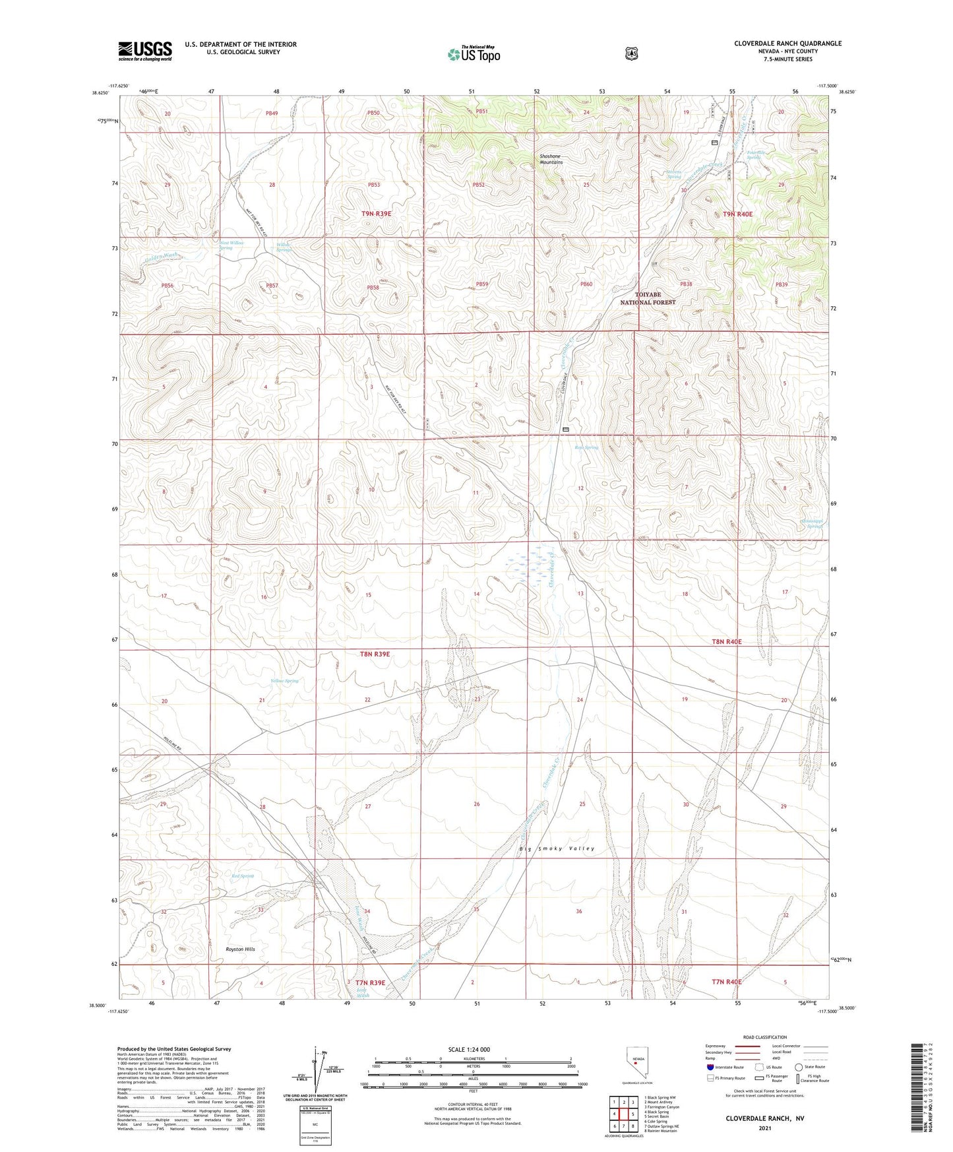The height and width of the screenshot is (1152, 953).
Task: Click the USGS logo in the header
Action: (145, 51)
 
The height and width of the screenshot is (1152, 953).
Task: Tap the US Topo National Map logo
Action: (474, 54)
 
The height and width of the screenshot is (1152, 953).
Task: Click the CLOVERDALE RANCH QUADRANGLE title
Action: (787, 44)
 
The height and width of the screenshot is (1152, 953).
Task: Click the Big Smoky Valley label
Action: (557, 848)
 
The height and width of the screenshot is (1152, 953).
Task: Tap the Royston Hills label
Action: (235, 949)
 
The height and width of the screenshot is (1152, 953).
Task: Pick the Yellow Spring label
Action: (284, 680)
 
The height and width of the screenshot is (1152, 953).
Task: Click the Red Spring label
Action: (243, 876)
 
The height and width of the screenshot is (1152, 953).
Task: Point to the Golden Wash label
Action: (162, 256)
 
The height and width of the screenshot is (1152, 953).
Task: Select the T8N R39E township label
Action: (375, 654)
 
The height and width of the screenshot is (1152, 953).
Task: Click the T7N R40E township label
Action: (726, 982)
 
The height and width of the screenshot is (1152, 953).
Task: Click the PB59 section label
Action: (482, 284)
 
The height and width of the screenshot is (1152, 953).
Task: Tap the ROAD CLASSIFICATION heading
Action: (764, 1037)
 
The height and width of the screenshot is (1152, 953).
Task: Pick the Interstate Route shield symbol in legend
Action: (709, 1067)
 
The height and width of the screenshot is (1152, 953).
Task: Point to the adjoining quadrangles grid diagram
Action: (623, 1113)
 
